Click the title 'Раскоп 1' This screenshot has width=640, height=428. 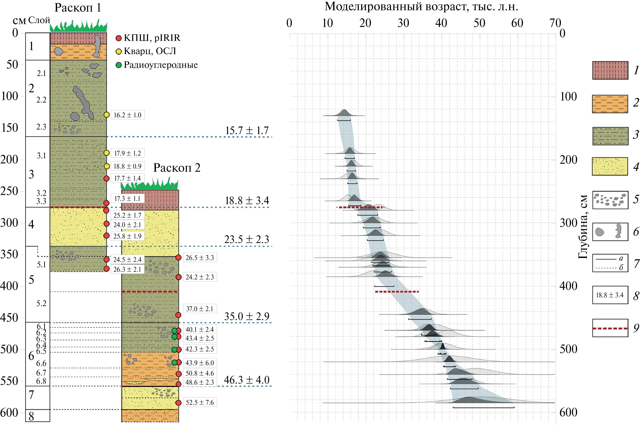78,8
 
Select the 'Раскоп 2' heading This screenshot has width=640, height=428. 177,168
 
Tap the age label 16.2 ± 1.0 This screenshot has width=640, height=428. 127,115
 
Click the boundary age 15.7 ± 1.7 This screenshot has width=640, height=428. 247,131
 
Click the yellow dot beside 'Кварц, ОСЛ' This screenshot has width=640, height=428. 119,51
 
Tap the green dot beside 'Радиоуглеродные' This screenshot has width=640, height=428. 119,65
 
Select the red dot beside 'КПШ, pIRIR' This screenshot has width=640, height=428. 119,38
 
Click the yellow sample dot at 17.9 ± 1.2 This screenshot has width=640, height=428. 107,153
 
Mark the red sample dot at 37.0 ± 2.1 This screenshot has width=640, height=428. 178,315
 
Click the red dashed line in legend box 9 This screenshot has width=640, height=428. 610,328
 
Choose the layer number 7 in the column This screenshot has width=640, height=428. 31,395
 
